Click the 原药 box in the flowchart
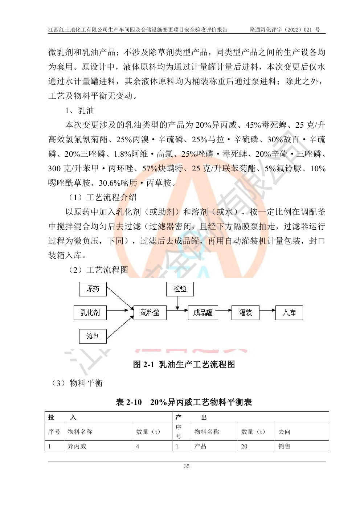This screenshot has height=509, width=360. tap(93, 289)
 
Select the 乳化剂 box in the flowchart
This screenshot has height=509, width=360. tap(90, 312)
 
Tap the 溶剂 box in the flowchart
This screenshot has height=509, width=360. tap(93, 336)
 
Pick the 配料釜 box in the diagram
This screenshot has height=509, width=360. tap(150, 312)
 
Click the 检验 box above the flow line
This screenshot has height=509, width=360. tap(180, 289)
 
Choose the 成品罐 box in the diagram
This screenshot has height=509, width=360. tap(203, 312)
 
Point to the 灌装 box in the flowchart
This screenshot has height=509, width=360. tap(246, 312)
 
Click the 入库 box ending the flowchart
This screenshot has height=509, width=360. tap(289, 312)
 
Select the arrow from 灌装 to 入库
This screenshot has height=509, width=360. tap(267, 310)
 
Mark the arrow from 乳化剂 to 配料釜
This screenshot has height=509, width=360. tap(118, 310)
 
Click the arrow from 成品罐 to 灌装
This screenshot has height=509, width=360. tap(225, 310)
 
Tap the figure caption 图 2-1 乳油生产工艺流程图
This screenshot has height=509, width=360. tap(184, 364)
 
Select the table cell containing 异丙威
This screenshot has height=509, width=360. tap(77, 446)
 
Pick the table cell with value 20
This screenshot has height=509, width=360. tap(244, 446)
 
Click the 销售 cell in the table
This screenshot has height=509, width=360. tap(285, 446)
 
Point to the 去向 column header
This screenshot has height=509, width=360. tap(285, 432)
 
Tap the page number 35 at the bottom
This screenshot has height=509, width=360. tap(187, 466)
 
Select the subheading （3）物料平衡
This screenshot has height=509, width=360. tap(77, 383)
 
